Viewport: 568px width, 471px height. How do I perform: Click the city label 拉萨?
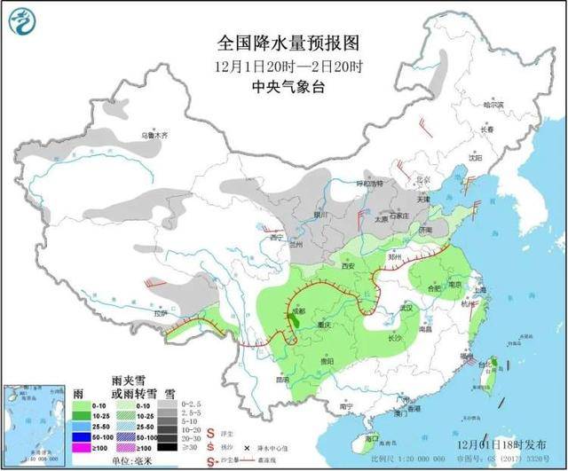(x=160, y=313)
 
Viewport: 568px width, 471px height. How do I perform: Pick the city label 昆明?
(x=281, y=379)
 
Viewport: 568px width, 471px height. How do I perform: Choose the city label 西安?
(x=347, y=265)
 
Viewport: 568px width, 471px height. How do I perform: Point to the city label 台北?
(x=486, y=365)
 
